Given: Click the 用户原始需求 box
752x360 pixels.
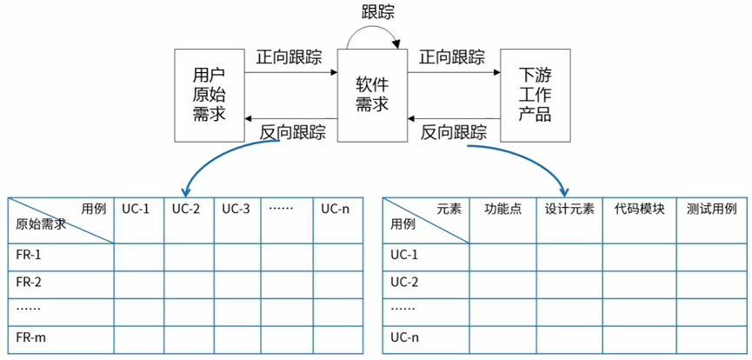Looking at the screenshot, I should click(x=210, y=96).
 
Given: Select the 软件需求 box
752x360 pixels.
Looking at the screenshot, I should click(x=372, y=96).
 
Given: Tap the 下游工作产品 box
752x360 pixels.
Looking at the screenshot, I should click(x=535, y=96).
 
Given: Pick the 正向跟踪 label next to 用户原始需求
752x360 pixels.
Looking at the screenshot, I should click(x=289, y=57).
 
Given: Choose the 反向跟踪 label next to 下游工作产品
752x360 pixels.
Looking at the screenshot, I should click(x=454, y=132).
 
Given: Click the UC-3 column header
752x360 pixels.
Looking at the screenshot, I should click(x=236, y=209).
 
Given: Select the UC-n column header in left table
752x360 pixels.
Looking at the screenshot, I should click(x=336, y=209).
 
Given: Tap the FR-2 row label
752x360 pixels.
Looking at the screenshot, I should click(x=29, y=282).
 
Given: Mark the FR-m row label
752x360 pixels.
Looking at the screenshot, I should click(x=30, y=337).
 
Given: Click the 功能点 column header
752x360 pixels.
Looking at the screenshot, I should click(x=503, y=209).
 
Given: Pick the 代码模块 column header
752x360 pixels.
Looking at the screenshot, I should click(x=639, y=209).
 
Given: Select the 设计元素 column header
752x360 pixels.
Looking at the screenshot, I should click(x=570, y=209).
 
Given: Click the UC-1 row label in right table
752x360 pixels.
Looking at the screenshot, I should click(x=404, y=255).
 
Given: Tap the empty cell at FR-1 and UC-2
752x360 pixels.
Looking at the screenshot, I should click(x=189, y=256).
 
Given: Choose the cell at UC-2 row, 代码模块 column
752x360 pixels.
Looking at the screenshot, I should click(x=639, y=282).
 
